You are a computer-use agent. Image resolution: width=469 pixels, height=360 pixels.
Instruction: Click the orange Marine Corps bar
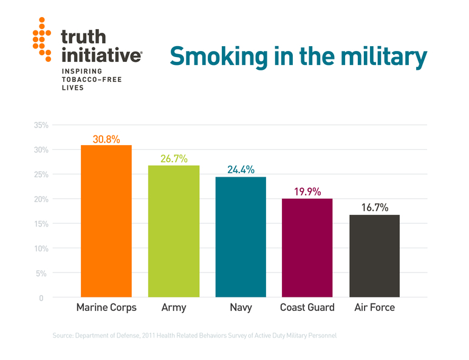click(106, 221)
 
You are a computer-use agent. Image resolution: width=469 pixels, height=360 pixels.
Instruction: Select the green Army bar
click(174, 231)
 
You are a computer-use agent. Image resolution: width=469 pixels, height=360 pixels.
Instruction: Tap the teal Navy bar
click(241, 237)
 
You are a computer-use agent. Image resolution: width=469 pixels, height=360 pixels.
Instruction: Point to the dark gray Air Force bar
click(374, 256)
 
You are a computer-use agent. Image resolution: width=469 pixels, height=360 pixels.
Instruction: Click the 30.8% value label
click(106, 139)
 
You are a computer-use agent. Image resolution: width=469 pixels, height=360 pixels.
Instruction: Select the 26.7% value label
click(174, 159)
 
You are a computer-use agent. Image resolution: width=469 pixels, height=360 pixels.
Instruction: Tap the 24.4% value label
click(241, 170)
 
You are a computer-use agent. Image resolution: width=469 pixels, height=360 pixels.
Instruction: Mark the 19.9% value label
click(307, 192)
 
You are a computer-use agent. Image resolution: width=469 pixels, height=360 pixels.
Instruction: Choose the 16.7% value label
click(374, 208)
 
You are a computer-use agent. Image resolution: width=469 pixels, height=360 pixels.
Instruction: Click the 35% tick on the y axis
click(41, 125)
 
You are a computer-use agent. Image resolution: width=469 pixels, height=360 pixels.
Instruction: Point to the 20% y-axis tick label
click(41, 199)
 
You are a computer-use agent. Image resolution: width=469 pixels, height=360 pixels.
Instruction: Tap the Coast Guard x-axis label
click(307, 308)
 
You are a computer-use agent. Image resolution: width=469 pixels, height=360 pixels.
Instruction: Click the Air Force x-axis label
click(374, 308)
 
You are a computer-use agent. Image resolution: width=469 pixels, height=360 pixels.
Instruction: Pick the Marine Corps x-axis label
click(106, 308)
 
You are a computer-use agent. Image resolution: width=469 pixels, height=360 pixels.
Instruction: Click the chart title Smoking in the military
click(298, 56)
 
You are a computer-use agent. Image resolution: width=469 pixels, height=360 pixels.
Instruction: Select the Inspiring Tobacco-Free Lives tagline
click(85, 80)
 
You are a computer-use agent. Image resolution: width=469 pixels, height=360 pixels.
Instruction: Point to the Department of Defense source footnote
click(194, 336)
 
